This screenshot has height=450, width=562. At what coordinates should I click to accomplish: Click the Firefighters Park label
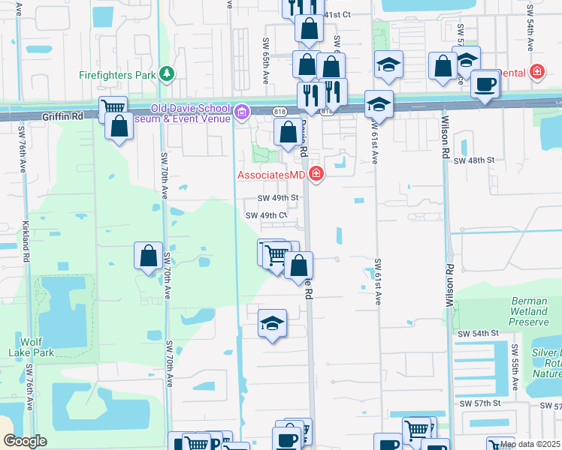(116, 74)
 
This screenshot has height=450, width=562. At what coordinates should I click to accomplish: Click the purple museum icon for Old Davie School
(242, 113)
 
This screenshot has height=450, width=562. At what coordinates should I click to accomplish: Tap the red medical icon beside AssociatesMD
(316, 175)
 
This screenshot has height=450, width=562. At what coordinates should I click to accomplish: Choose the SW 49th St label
(278, 198)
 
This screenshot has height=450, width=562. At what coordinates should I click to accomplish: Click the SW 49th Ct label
(267, 215)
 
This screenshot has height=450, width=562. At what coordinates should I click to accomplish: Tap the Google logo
(26, 441)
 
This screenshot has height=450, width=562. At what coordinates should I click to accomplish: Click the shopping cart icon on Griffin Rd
(113, 107)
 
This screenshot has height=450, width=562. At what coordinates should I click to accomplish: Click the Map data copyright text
(530, 444)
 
